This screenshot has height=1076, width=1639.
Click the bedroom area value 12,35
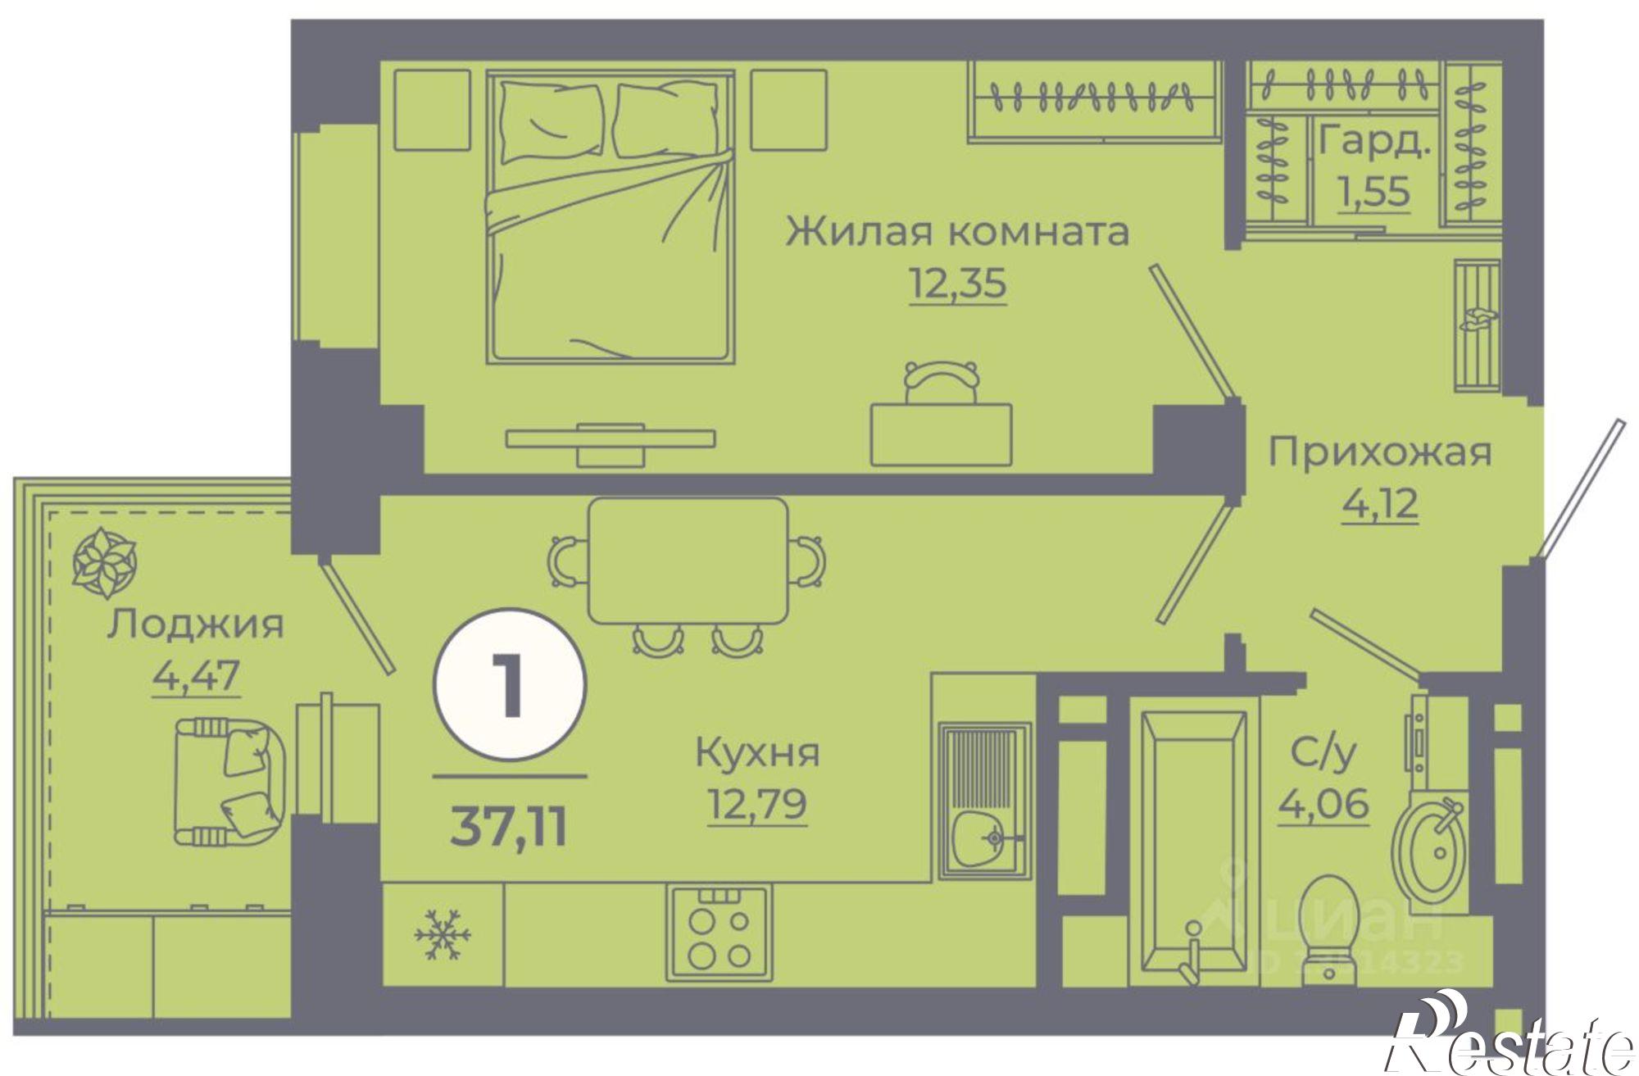click(x=957, y=284)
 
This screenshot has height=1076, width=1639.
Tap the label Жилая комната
click(x=957, y=231)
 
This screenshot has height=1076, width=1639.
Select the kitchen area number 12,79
click(x=757, y=803)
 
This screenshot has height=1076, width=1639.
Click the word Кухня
click(x=757, y=752)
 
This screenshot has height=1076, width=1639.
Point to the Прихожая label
click(x=1380, y=452)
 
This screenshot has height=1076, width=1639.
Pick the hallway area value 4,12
click(x=1380, y=503)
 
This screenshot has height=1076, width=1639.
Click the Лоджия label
click(x=195, y=624)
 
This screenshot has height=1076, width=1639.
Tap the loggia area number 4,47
click(x=196, y=677)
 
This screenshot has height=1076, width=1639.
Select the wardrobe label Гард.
click(x=1374, y=141)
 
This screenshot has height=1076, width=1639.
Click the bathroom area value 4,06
click(x=1323, y=803)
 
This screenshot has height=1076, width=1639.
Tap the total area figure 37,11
click(x=509, y=828)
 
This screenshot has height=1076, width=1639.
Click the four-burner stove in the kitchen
click(x=719, y=933)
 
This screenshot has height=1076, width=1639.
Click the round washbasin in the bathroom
click(x=1431, y=852)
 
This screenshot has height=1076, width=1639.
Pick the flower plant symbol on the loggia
click(x=104, y=562)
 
